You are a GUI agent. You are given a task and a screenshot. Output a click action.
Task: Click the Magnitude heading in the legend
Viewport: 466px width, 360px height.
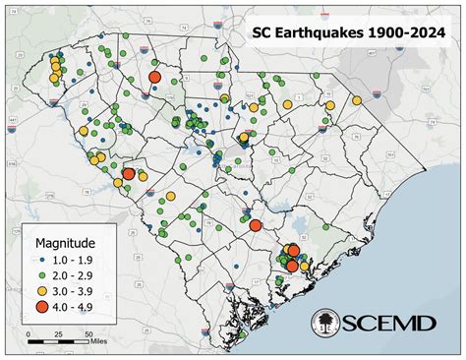65,241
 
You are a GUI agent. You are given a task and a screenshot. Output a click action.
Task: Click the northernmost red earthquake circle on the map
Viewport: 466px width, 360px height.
154,77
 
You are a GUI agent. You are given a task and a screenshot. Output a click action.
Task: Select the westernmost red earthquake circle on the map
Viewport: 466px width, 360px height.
128,173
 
